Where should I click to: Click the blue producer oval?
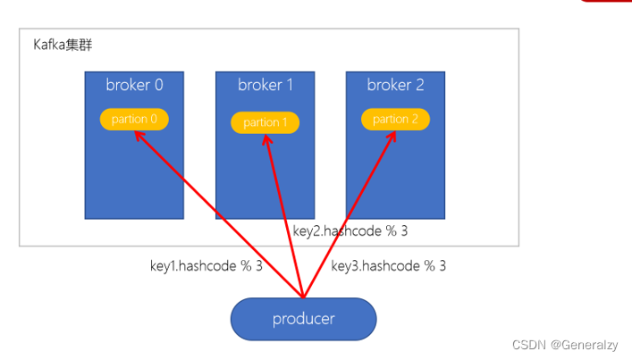(x=303, y=319)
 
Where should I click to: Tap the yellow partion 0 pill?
(x=134, y=119)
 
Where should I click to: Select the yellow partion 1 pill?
(x=265, y=122)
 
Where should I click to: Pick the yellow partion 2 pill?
(x=395, y=119)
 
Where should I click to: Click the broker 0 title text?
(x=134, y=86)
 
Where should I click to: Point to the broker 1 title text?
(x=265, y=86)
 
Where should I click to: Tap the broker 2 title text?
(x=395, y=86)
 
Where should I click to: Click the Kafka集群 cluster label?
(x=62, y=45)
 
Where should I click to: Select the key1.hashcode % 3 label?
(x=206, y=265)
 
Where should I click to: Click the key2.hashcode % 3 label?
(x=350, y=230)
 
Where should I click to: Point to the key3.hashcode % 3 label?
(x=388, y=265)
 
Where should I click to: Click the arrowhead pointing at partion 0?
(x=138, y=135)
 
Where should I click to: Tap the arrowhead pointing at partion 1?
(x=266, y=138)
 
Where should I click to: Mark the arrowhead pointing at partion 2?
(x=393, y=136)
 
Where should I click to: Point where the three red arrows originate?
(x=304, y=297)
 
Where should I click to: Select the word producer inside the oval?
(x=303, y=319)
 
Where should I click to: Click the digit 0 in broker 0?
(x=158, y=86)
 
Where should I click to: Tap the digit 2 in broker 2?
(x=419, y=86)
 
